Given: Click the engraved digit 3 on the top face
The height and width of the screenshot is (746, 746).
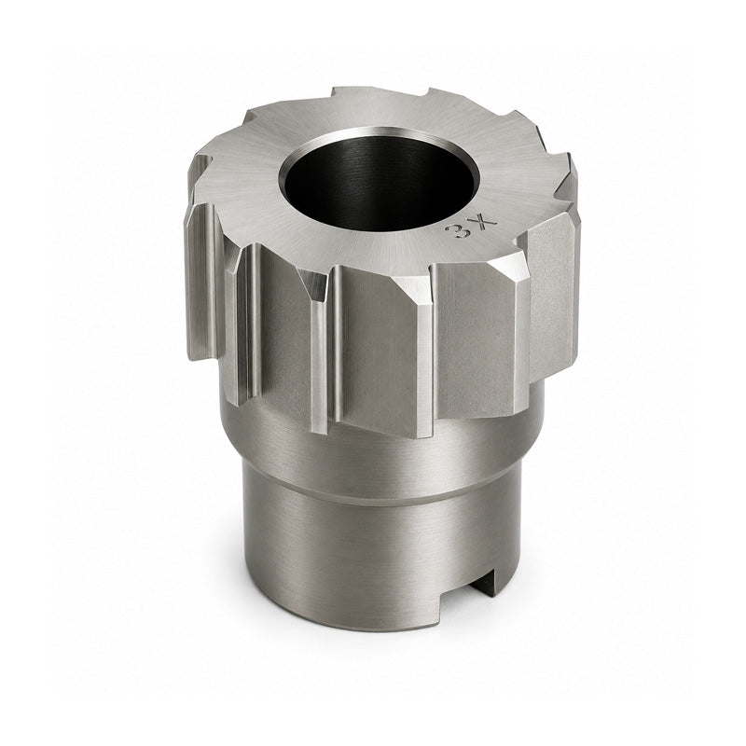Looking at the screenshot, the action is tap(454, 231).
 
